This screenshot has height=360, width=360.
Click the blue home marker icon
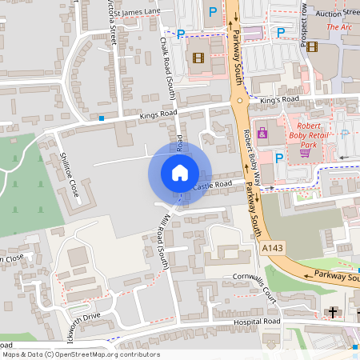tap(180, 172)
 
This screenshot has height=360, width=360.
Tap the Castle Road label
tap(213, 186)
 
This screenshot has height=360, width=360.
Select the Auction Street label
tap(339, 13)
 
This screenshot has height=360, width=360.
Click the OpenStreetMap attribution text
tap(81, 354)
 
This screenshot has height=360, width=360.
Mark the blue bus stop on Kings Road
tap(102, 118)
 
